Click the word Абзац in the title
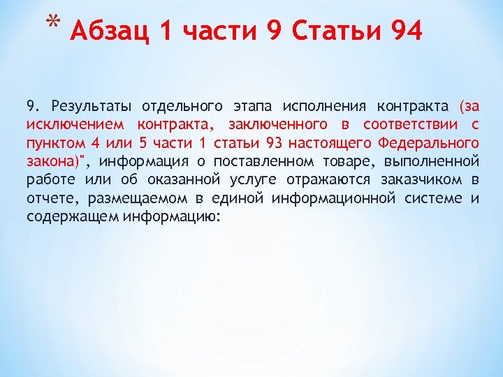click(111, 31)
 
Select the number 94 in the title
click(406, 31)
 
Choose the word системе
click(433, 198)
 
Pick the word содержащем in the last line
click(73, 216)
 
